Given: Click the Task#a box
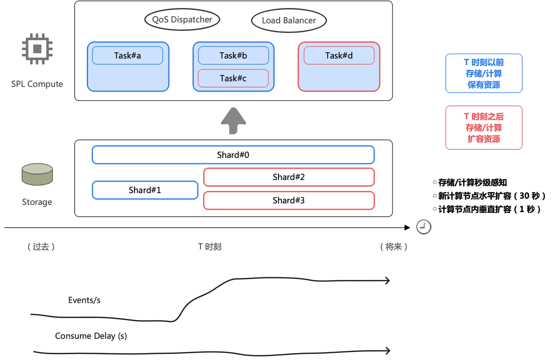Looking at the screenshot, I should pyautogui.click(x=128, y=55).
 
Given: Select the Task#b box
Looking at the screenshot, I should pyautogui.click(x=233, y=55).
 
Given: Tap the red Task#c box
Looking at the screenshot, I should pyautogui.click(x=233, y=78).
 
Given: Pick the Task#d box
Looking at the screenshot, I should pyautogui.click(x=339, y=55).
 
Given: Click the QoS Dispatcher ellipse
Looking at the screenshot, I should pyautogui.click(x=182, y=20).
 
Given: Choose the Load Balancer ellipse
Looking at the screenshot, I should pyautogui.click(x=289, y=20).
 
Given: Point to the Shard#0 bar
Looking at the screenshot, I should pyautogui.click(x=233, y=155).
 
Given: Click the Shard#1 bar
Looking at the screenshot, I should pyautogui.click(x=145, y=190).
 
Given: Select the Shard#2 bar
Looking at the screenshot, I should pyautogui.click(x=289, y=177).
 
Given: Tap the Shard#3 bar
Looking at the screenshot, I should pyautogui.click(x=289, y=200).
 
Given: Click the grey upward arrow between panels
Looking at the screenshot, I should pyautogui.click(x=234, y=120).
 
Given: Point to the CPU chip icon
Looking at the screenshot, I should pyautogui.click(x=37, y=49).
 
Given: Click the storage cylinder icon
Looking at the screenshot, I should pyautogui.click(x=37, y=174).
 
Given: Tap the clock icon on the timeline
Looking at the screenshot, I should pyautogui.click(x=424, y=227).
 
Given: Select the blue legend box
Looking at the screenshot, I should pyautogui.click(x=484, y=73).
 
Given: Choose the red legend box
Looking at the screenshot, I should pyautogui.click(x=484, y=128).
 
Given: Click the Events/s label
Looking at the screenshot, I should pyautogui.click(x=84, y=300).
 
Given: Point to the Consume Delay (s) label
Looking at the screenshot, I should pyautogui.click(x=91, y=336).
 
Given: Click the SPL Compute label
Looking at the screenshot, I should pyautogui.click(x=37, y=84).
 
